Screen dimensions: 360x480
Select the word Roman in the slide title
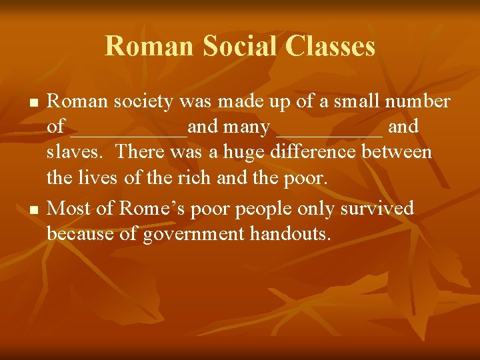coord(147,47)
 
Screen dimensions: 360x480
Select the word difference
coord(316,152)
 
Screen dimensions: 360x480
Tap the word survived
coord(377,208)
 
